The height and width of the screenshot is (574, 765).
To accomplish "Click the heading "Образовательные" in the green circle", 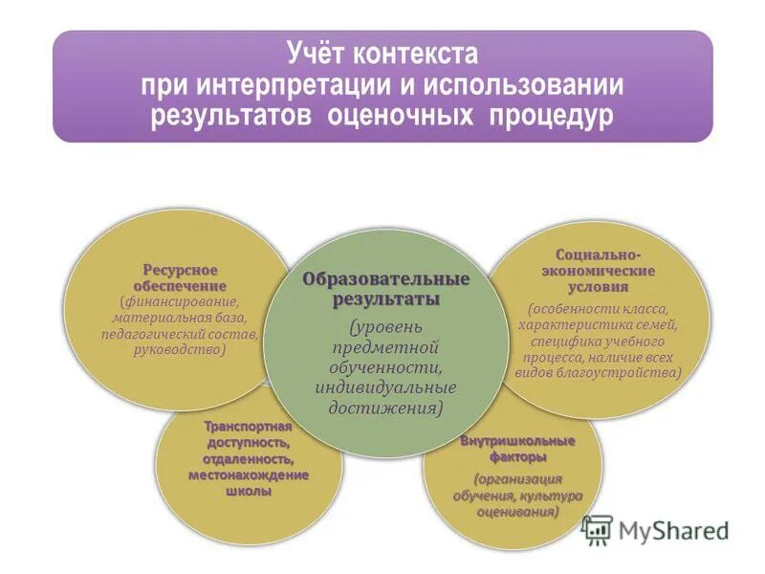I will tap(386, 279).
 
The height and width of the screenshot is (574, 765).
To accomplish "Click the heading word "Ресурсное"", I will tap(181, 270).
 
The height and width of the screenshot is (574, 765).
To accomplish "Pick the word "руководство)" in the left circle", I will tap(181, 349).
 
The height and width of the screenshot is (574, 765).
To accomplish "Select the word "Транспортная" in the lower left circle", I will tap(248, 428).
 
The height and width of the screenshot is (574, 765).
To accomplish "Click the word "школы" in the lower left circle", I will tap(248, 491).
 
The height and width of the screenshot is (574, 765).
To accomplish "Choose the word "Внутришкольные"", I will tap(517, 441).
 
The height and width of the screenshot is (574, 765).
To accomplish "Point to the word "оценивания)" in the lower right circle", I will tap(517, 512).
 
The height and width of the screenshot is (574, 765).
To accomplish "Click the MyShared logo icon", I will tap(598, 531).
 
